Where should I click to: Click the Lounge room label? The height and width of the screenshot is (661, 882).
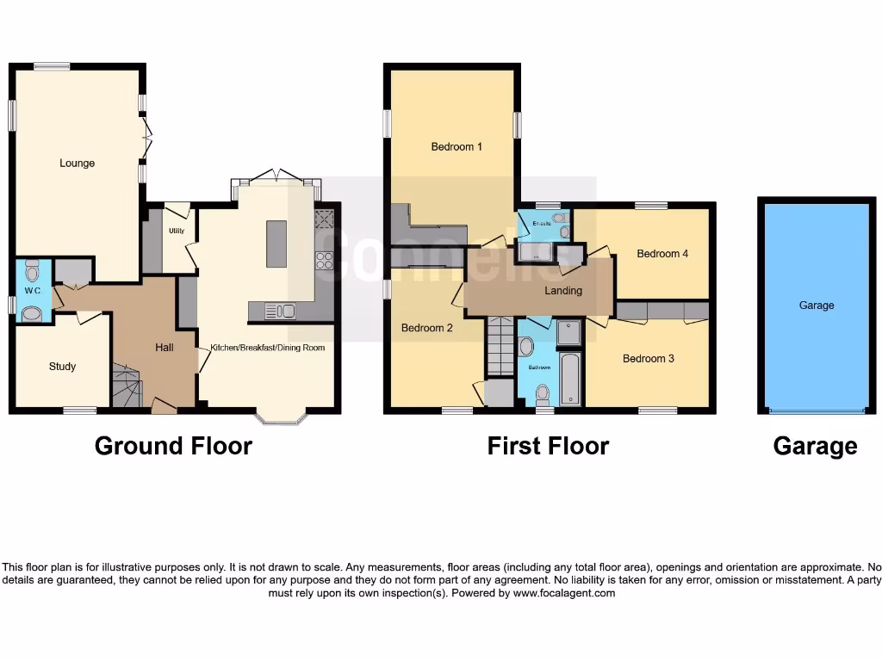tap(77, 164)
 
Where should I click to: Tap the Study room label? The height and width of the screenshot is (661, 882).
tap(62, 367)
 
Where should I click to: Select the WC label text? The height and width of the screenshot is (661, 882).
tap(33, 291)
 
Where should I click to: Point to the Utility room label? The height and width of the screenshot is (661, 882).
tap(177, 231)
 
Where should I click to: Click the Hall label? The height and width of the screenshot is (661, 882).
tap(165, 348)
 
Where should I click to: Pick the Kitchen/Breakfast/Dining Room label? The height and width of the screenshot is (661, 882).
tap(268, 348)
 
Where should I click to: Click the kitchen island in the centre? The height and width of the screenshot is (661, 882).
tap(276, 244)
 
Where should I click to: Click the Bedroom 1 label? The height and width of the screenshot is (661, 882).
tap(457, 147)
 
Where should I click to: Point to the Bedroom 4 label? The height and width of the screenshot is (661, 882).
tap(662, 254)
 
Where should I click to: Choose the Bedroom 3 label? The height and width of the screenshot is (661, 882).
tap(649, 359)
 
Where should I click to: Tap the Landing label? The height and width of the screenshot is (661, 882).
tap(563, 291)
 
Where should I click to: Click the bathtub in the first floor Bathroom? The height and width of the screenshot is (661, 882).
tap(570, 378)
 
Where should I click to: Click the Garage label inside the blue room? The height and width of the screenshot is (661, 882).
tap(817, 306)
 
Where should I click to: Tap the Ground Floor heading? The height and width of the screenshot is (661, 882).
tap(173, 446)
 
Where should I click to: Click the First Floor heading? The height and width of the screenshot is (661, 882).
tap(548, 446)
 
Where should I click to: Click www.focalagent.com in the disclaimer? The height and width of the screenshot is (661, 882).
tap(564, 593)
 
